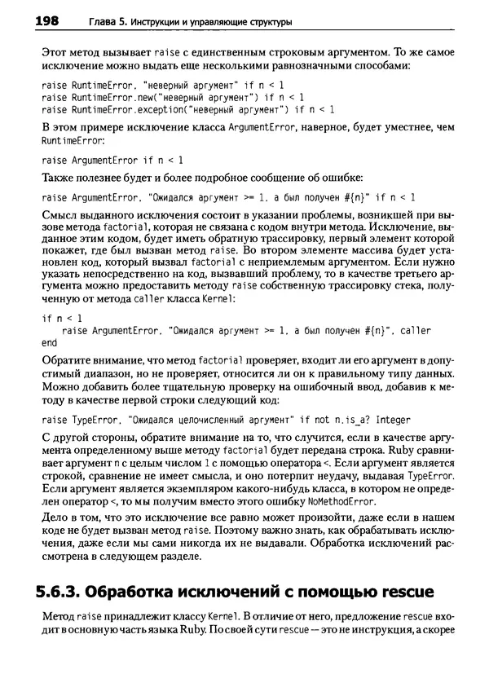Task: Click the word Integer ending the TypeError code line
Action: click(392, 421)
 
